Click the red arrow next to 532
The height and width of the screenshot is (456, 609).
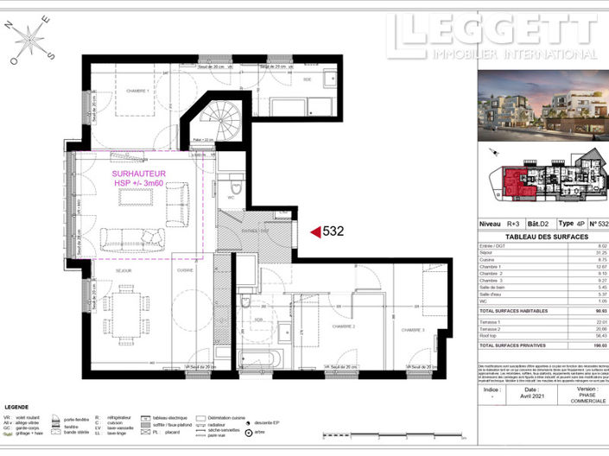(314, 231)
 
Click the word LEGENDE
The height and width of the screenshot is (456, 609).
(17, 406)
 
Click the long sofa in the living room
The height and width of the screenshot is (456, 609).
(134, 237)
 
